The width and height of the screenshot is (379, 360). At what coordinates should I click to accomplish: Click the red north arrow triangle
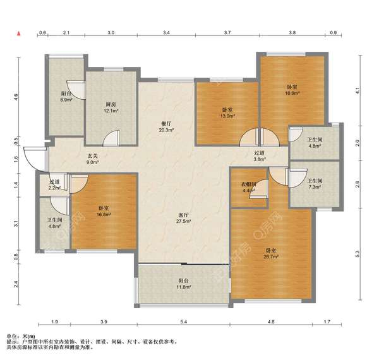(18, 33)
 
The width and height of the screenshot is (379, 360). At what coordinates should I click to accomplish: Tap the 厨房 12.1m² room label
(111, 107)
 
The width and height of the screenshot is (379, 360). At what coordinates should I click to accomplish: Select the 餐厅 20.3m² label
(167, 127)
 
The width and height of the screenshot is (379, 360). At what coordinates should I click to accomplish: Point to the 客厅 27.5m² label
(184, 218)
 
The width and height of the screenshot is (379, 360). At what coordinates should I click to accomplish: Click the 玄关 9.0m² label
(93, 159)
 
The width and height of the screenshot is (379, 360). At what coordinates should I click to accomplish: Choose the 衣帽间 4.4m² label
(249, 187)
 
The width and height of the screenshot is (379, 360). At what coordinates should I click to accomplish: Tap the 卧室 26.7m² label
(271, 253)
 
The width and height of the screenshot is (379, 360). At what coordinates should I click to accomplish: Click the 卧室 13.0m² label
(227, 113)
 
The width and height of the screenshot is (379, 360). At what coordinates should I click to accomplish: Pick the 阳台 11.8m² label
(184, 284)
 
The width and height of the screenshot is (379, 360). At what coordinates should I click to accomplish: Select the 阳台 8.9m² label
(66, 96)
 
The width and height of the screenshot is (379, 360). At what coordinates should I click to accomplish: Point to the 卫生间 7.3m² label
(315, 184)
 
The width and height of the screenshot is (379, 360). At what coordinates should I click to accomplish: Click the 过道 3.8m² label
(260, 156)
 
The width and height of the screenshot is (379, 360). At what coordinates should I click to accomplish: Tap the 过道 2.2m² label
(54, 185)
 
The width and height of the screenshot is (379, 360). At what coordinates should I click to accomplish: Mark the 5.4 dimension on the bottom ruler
(184, 321)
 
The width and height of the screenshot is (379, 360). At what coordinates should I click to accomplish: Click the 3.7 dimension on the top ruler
(227, 32)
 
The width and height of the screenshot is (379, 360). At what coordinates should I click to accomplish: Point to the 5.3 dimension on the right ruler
(358, 254)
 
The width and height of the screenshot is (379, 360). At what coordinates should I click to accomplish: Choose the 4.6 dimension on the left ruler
(16, 97)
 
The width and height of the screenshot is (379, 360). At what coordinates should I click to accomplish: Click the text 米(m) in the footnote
(29, 336)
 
